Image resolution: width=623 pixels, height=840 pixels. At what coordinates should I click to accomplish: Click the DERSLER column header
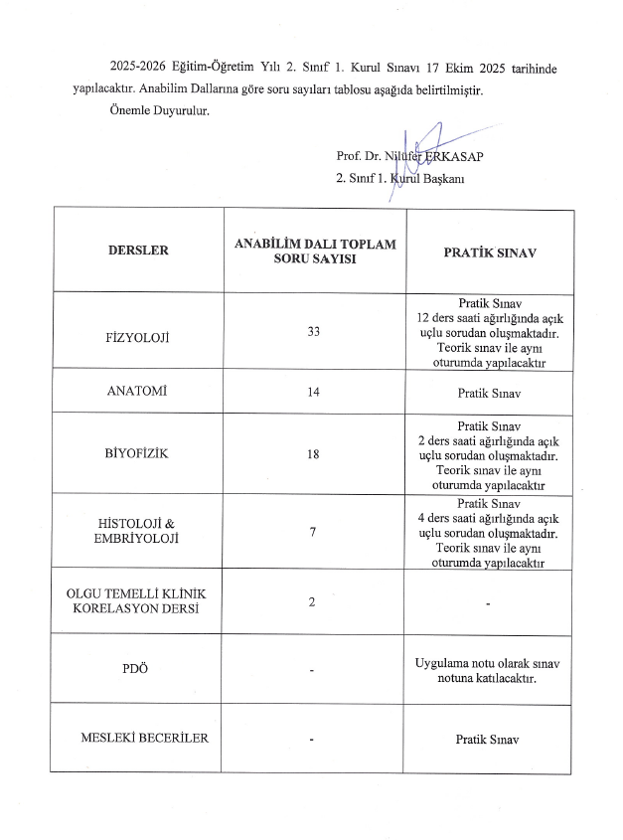(138, 251)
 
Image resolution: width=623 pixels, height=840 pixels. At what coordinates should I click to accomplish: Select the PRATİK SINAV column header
(490, 252)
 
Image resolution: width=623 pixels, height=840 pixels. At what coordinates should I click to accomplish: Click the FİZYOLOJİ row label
(138, 338)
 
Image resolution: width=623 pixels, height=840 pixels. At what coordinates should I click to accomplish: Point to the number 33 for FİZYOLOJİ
(313, 331)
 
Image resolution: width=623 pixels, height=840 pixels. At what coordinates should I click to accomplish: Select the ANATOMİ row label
(138, 392)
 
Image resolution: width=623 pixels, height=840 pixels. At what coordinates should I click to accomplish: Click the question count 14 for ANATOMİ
(313, 393)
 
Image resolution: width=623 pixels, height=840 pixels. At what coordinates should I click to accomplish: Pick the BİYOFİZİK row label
(138, 453)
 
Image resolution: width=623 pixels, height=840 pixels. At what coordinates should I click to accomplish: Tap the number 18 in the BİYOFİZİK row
(313, 453)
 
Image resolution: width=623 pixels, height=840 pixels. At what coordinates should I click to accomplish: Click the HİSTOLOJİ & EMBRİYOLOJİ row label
(138, 530)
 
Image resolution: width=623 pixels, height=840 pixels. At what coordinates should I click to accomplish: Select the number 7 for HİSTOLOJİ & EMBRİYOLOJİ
(313, 533)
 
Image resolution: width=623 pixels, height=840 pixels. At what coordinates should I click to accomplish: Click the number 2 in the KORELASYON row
(313, 602)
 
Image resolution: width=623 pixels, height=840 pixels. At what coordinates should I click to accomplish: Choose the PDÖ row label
(138, 668)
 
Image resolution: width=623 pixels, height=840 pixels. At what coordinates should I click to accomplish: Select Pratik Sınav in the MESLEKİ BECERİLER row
(489, 740)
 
